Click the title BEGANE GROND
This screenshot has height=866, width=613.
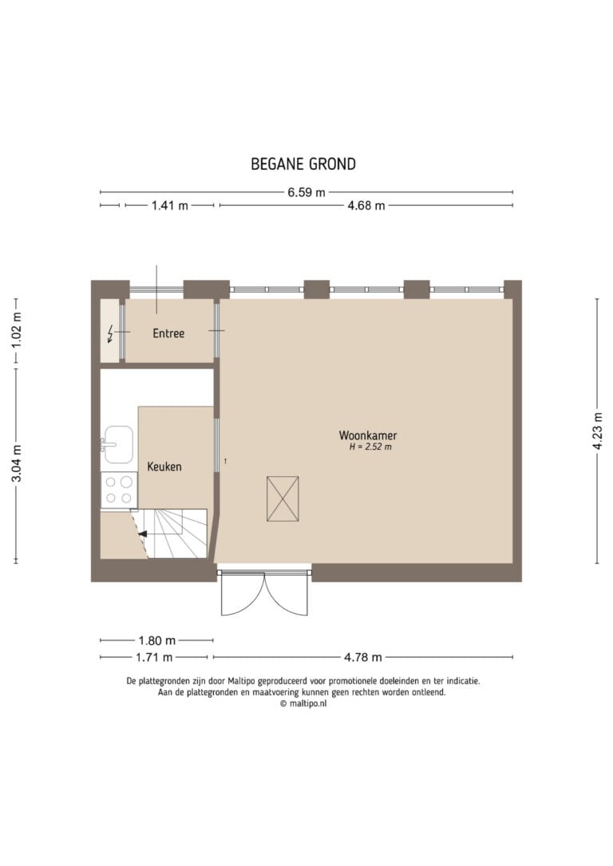(303, 164)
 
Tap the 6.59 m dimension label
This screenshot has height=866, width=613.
(306, 193)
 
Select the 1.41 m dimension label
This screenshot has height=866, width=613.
(170, 206)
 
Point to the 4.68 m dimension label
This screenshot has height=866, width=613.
(366, 206)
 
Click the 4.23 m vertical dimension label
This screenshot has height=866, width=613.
(598, 431)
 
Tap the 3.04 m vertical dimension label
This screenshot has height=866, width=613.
(17, 463)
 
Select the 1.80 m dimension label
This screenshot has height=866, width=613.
(157, 640)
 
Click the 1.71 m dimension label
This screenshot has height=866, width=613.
(154, 657)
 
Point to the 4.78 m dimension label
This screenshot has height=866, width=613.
(363, 657)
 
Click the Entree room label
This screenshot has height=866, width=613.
(168, 333)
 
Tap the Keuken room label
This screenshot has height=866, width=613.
(164, 466)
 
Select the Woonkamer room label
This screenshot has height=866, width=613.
(368, 435)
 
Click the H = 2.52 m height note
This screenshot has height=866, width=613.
(370, 447)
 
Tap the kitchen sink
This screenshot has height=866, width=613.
(118, 444)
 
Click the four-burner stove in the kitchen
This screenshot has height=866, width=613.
(119, 490)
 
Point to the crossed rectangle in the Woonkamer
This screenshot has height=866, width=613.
(283, 499)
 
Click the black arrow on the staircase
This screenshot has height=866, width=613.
(143, 534)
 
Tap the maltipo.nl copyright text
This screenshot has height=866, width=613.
(303, 703)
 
